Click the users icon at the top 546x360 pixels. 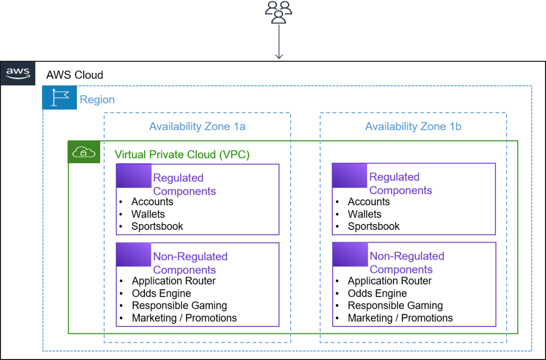tap(278, 12)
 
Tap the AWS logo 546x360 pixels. tap(18, 74)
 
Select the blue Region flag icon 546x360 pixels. tap(60, 98)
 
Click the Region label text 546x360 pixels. tap(97, 100)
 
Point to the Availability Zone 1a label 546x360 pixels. tap(197, 127)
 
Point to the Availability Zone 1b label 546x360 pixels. tap(413, 127)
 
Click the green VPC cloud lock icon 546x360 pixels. tap(84, 153)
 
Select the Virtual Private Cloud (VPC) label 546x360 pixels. tap(182, 155)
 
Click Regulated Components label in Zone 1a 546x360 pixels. tap(184, 185)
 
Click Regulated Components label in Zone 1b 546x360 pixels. tap(400, 184)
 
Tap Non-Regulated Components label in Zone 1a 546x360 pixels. tap(190, 263)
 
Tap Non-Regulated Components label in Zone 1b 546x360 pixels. tap(406, 263)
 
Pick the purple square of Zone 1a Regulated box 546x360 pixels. tap(134, 177)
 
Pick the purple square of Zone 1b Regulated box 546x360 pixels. tap(350, 176)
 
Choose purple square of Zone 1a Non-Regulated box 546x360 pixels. tap(134, 255)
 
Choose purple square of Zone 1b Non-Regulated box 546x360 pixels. tap(350, 254)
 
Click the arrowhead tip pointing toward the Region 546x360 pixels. tap(278, 58)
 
